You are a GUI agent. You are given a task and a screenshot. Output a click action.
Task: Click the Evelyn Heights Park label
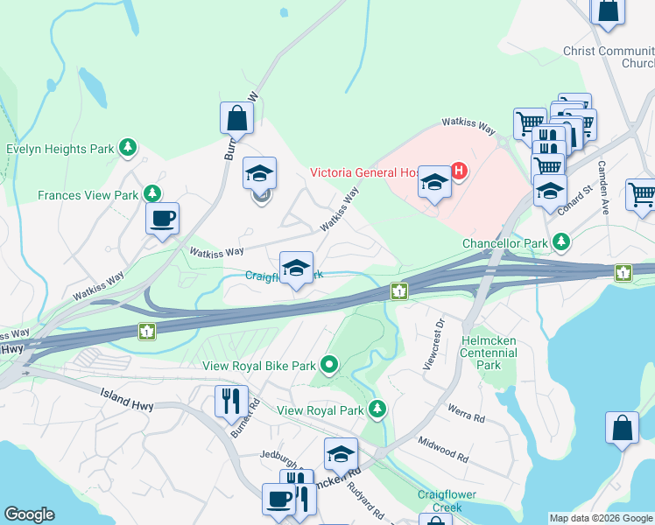[60, 149]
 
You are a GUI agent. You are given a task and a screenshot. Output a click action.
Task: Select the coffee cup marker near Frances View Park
[162, 220]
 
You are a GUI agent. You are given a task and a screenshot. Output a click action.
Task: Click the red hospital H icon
[458, 170]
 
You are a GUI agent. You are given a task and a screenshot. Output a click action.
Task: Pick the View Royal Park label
[320, 409]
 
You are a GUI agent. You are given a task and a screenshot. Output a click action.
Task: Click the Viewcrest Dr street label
[433, 343]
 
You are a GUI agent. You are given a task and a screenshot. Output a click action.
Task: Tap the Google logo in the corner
[29, 514]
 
